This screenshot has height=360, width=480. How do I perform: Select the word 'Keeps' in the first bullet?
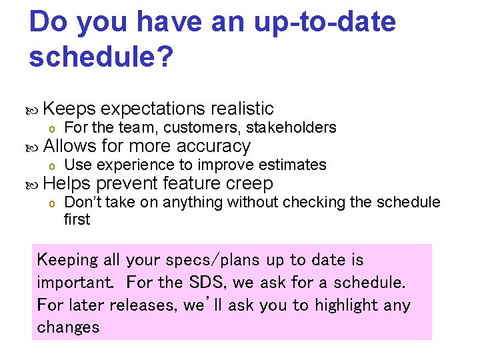[70, 109]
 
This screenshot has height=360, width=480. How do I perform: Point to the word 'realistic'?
[241, 109]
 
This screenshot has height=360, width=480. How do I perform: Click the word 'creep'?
[249, 183]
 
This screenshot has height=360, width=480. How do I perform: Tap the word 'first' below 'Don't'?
[77, 219]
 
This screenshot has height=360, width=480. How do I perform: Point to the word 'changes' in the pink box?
[68, 327]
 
